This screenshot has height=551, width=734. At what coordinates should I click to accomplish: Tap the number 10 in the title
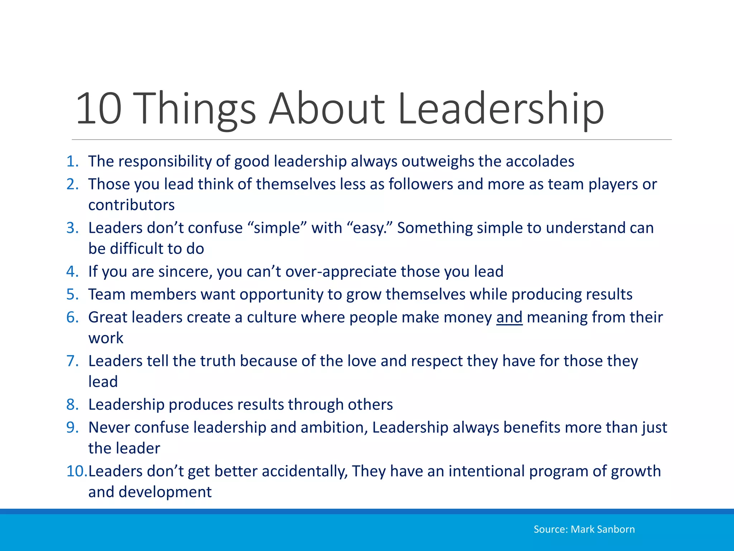[x=99, y=109]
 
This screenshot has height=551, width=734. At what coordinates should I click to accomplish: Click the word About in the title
[x=327, y=109]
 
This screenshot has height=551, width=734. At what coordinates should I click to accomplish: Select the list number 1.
[x=72, y=161]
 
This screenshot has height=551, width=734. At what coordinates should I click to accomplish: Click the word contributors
[x=132, y=205]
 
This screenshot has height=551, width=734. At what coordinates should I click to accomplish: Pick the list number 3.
[x=72, y=228]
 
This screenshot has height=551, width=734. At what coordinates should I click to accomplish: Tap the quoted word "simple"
[x=277, y=228]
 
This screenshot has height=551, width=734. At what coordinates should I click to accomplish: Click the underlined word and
[x=509, y=317]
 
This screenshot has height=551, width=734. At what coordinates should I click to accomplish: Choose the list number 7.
[x=72, y=361]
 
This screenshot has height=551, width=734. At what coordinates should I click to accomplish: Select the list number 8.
[x=72, y=405]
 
